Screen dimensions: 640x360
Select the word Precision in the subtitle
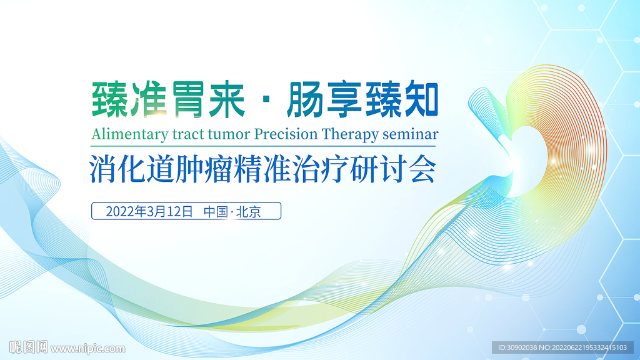[286, 134]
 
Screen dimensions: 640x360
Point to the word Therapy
[350, 135]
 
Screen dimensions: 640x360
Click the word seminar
[410, 134]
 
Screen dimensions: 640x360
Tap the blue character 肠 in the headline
[304, 99]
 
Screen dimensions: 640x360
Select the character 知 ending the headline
[421, 99]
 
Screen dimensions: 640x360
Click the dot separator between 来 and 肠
[266, 100]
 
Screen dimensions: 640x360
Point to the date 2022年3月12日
[149, 211]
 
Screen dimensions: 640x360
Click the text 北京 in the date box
[249, 211]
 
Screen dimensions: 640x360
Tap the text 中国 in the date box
[216, 211]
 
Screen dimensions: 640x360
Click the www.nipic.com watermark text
[88, 349]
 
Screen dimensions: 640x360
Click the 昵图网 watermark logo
[29, 347]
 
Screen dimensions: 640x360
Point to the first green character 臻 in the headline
[109, 99]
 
